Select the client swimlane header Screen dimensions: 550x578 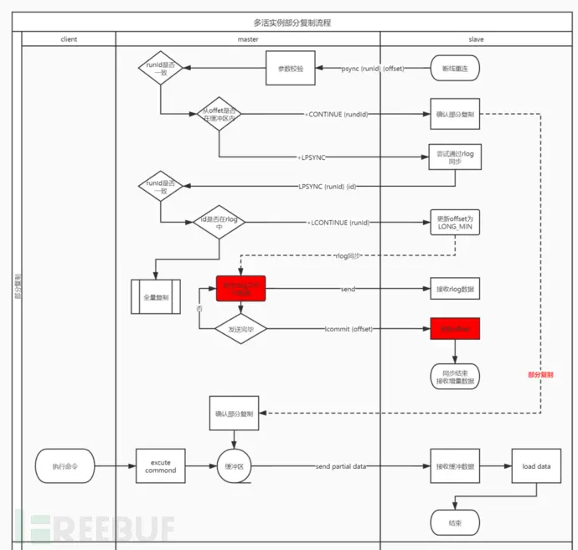[x=70, y=39]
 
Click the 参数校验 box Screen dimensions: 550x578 [x=291, y=68]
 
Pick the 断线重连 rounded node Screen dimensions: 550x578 [x=455, y=68]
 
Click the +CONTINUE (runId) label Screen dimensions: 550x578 [x=338, y=114]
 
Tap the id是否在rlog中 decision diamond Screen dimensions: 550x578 [x=218, y=223]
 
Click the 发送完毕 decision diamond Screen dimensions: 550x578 [x=240, y=330]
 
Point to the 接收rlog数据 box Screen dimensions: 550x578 [x=455, y=290]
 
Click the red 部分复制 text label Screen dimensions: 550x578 [x=541, y=375]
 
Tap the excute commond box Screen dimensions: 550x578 [x=161, y=465]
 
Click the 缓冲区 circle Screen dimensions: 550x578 [x=235, y=465]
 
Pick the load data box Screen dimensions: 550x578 [x=536, y=465]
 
